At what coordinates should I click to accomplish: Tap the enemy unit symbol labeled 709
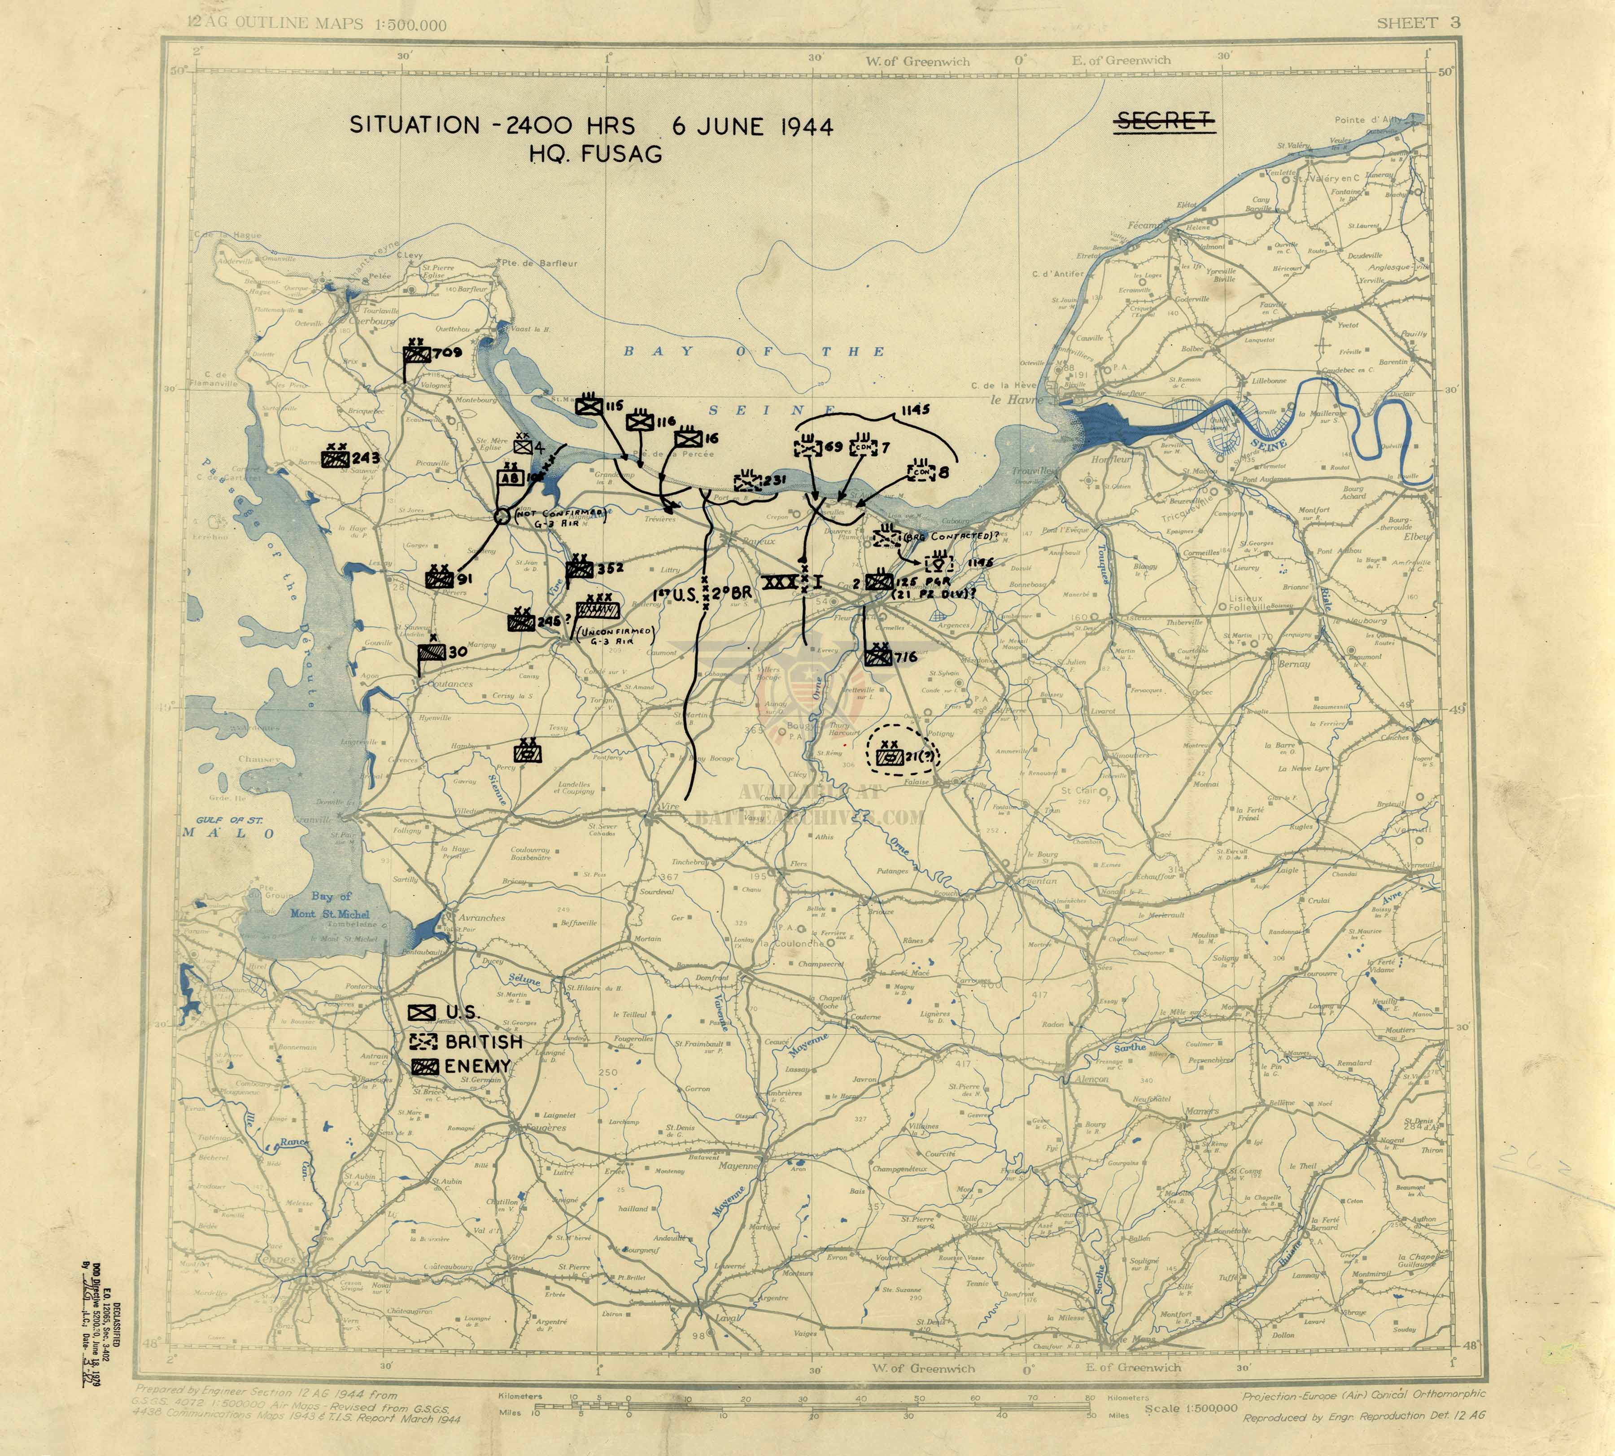point(416,354)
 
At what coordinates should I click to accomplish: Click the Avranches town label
point(481,918)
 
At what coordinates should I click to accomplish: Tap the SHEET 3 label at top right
point(1418,22)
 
